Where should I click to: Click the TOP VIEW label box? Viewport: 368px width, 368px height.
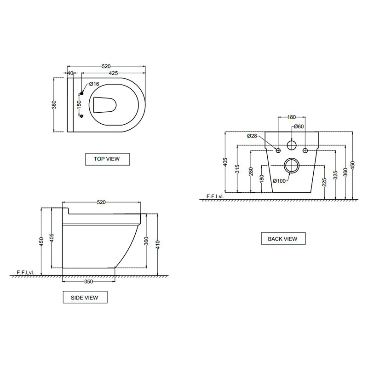(x=107, y=159)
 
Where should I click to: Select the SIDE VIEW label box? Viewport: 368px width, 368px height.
(x=85, y=297)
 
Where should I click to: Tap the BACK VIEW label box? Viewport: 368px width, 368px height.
(x=283, y=238)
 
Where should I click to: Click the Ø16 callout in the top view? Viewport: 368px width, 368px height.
(x=94, y=84)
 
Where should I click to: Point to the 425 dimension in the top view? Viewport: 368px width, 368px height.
(x=113, y=73)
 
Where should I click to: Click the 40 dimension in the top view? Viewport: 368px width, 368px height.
(x=70, y=73)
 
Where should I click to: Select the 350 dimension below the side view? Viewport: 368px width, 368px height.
(x=88, y=282)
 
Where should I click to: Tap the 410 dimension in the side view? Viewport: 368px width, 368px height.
(x=158, y=245)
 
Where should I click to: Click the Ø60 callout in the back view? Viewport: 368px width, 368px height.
(x=299, y=126)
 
